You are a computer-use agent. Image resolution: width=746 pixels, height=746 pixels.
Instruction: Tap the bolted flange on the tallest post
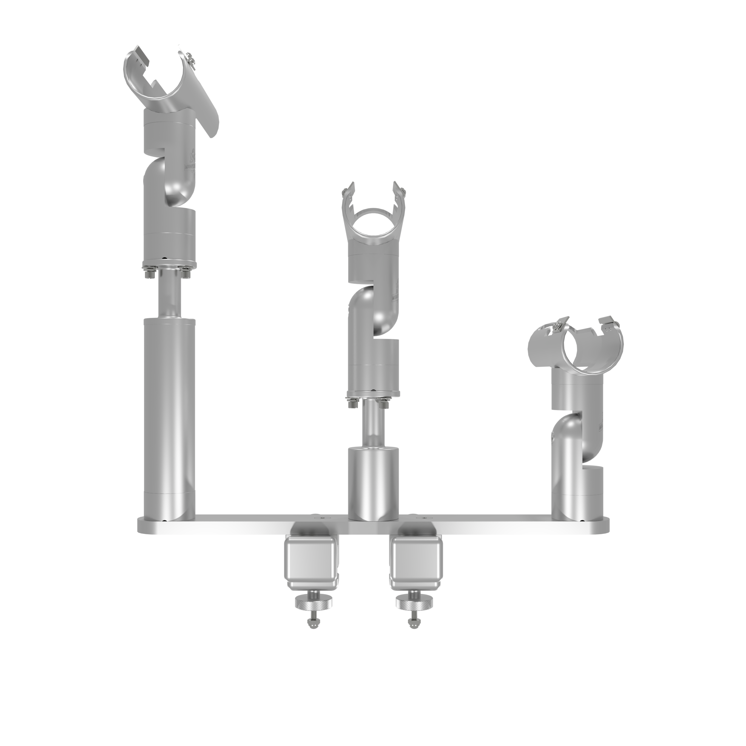click(x=169, y=267)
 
